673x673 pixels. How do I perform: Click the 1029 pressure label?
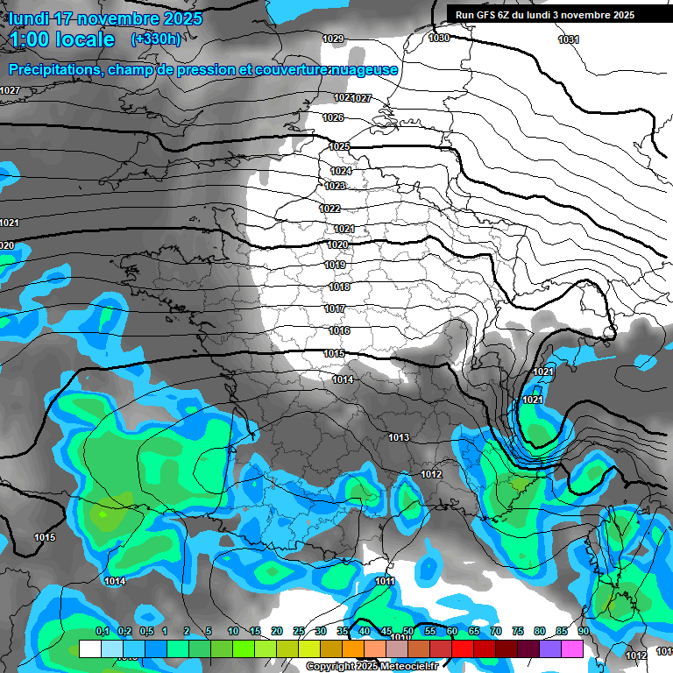point(333,39)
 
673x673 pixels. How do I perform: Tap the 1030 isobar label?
point(439,38)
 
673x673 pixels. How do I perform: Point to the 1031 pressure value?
point(569,39)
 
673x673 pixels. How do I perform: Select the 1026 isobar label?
point(333,117)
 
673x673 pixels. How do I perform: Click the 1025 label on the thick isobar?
point(339,146)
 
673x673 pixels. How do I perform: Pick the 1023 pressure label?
point(335,186)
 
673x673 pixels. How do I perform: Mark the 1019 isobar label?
point(335,265)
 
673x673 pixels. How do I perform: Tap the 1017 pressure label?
point(335,308)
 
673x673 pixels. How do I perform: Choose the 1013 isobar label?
point(400,437)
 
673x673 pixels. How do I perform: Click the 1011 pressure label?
point(385,581)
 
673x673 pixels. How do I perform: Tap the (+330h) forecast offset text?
point(156,39)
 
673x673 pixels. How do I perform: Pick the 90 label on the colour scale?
point(583,632)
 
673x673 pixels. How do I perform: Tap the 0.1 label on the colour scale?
point(102,632)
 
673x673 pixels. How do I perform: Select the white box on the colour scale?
point(89,648)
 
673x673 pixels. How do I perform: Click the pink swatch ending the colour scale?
point(572,648)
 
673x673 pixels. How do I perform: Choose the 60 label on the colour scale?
point(452,632)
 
